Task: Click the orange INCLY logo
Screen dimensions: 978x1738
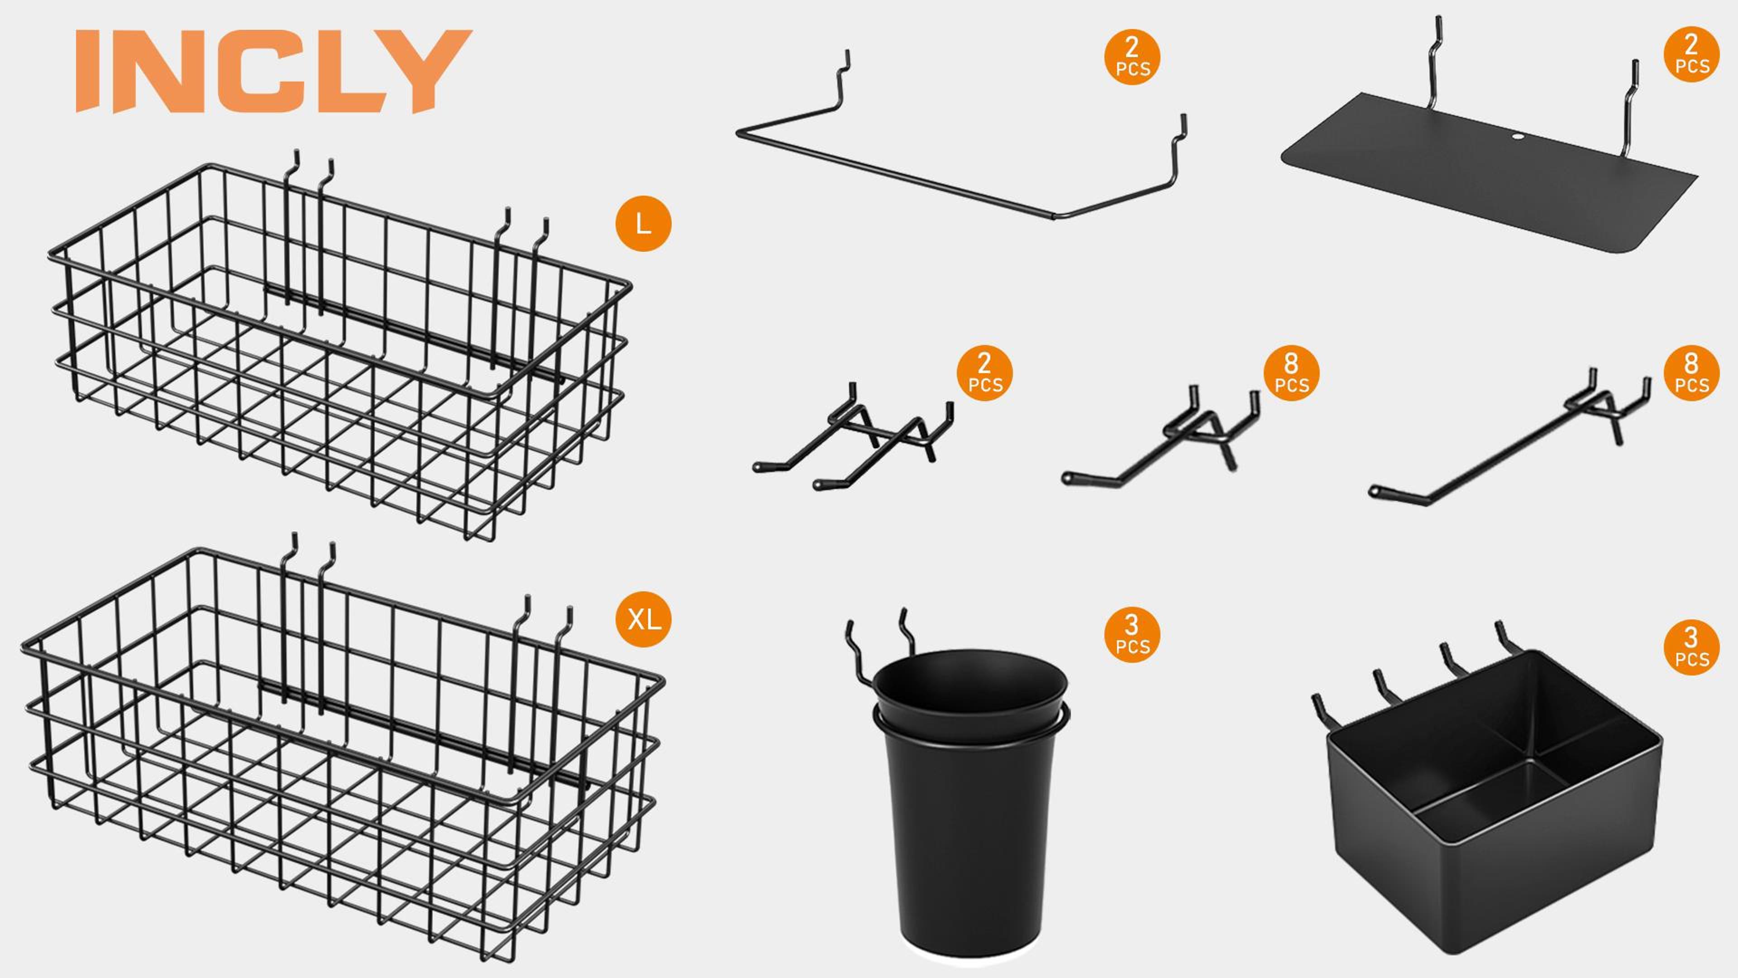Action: (x=273, y=71)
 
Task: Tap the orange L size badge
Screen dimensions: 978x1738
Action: (x=643, y=223)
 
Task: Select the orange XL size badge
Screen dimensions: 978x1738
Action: (x=643, y=619)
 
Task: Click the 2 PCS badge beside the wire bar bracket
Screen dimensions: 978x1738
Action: (x=1132, y=57)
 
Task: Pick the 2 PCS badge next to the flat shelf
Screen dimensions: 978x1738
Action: (x=1691, y=54)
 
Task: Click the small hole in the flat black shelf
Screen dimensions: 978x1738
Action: (x=1513, y=137)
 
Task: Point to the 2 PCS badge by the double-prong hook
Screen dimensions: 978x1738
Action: (x=984, y=373)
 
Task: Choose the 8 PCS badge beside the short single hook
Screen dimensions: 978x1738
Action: (x=1291, y=373)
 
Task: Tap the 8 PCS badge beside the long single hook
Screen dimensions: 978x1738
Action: (x=1691, y=373)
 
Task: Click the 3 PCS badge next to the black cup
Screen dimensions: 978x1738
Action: (x=1132, y=634)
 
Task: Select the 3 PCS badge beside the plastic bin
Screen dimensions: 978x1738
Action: (x=1691, y=647)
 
